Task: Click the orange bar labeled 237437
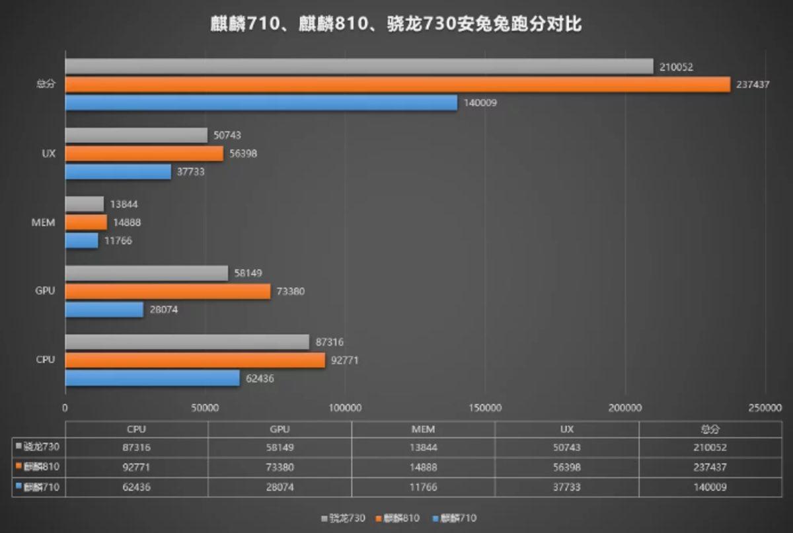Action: pos(397,85)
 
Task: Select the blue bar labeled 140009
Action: pos(261,102)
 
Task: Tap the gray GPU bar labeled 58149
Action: pos(147,273)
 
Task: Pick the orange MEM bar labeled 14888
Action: pos(86,222)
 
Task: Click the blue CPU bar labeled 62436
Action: pos(152,378)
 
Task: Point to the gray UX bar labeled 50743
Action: pos(136,136)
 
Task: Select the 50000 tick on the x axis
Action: pos(205,408)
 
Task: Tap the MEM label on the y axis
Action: pos(44,222)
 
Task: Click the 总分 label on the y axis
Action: pos(45,84)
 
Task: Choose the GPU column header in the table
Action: pos(280,429)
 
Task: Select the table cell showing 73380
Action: pos(280,467)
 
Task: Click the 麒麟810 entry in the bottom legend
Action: pos(398,518)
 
